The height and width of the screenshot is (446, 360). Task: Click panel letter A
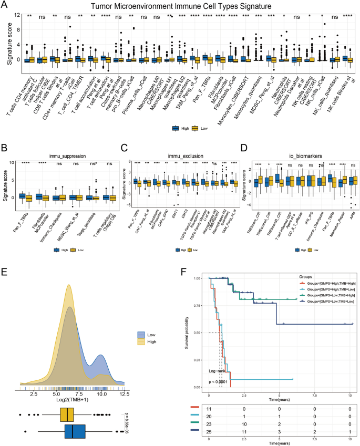(5, 5)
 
